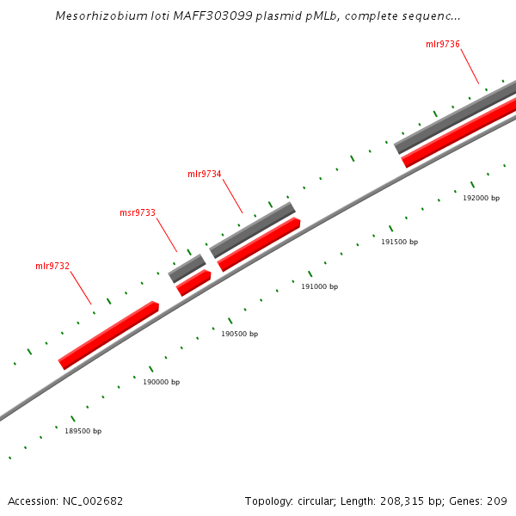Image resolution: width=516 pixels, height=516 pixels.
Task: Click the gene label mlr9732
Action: [52, 266]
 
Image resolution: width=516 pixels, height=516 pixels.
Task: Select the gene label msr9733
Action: [137, 212]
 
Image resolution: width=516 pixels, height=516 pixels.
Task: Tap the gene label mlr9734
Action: [205, 174]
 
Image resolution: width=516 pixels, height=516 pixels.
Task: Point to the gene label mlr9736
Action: [442, 44]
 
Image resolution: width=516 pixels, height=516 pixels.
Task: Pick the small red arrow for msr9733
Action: [193, 283]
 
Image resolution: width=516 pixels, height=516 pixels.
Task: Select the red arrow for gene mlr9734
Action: [259, 244]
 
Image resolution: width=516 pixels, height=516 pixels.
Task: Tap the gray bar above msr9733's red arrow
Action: [187, 268]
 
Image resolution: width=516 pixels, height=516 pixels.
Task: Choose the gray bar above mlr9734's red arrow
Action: [252, 230]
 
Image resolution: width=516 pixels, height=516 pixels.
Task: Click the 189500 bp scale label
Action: [83, 431]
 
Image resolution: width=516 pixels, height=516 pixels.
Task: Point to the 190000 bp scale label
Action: [161, 382]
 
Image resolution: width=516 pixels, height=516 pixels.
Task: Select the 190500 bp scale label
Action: [239, 334]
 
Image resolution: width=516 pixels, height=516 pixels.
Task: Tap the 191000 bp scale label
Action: [319, 286]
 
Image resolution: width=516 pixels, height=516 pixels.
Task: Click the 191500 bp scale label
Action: [399, 242]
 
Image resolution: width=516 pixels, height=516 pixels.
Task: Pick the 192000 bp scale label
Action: [481, 198]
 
